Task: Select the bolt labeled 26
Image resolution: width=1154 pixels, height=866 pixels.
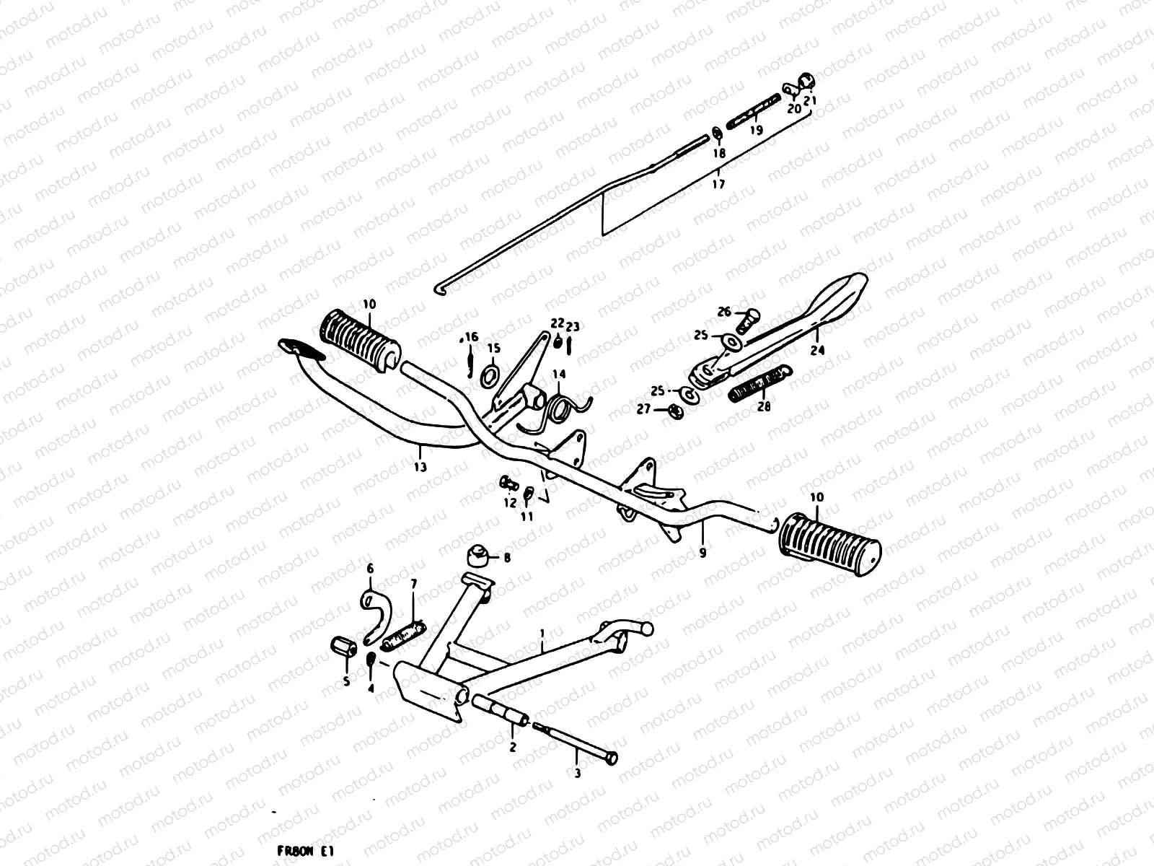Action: (747, 319)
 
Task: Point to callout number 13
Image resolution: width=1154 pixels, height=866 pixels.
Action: (420, 467)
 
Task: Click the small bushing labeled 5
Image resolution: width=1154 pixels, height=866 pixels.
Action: (343, 648)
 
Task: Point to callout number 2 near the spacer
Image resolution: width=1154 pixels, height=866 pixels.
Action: (513, 748)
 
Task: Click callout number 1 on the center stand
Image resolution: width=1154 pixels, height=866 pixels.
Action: (542, 634)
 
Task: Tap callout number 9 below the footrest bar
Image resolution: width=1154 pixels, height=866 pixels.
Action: (702, 554)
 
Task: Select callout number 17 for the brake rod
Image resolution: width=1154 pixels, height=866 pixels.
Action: (718, 184)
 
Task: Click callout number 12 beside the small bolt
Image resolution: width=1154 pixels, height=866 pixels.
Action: (511, 503)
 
